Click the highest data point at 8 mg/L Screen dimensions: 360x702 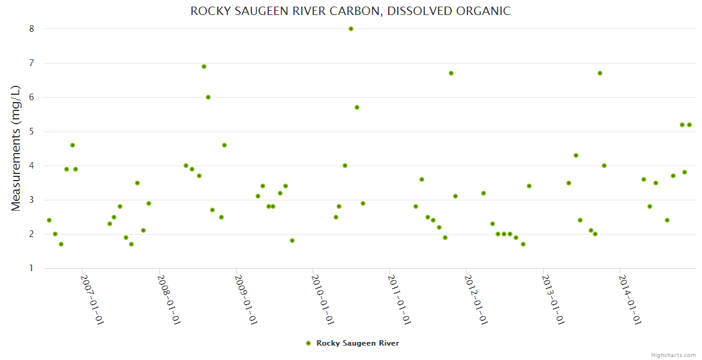tap(351, 29)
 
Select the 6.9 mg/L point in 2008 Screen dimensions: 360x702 tap(204, 67)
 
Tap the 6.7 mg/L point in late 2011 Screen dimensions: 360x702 tap(451, 73)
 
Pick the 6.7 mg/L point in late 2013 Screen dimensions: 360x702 tap(600, 73)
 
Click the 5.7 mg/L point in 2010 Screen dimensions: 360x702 tap(357, 107)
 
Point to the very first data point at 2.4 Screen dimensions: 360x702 tap(49, 220)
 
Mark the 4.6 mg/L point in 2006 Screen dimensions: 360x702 tap(73, 145)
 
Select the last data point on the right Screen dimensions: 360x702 tap(689, 125)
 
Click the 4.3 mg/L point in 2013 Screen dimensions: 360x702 tap(576, 155)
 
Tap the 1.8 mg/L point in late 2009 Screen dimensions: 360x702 tap(292, 241)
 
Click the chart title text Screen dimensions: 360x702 tap(350, 11)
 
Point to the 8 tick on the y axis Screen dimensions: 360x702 tap(31, 29)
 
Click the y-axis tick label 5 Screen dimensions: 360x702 tap(31, 131)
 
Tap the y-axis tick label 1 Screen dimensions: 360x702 tap(31, 268)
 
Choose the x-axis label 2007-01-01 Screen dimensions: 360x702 tap(92, 299)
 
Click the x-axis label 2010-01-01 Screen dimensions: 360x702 tap(322, 299)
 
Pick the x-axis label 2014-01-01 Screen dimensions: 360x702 tap(630, 299)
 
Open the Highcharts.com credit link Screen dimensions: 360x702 tap(673, 355)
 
